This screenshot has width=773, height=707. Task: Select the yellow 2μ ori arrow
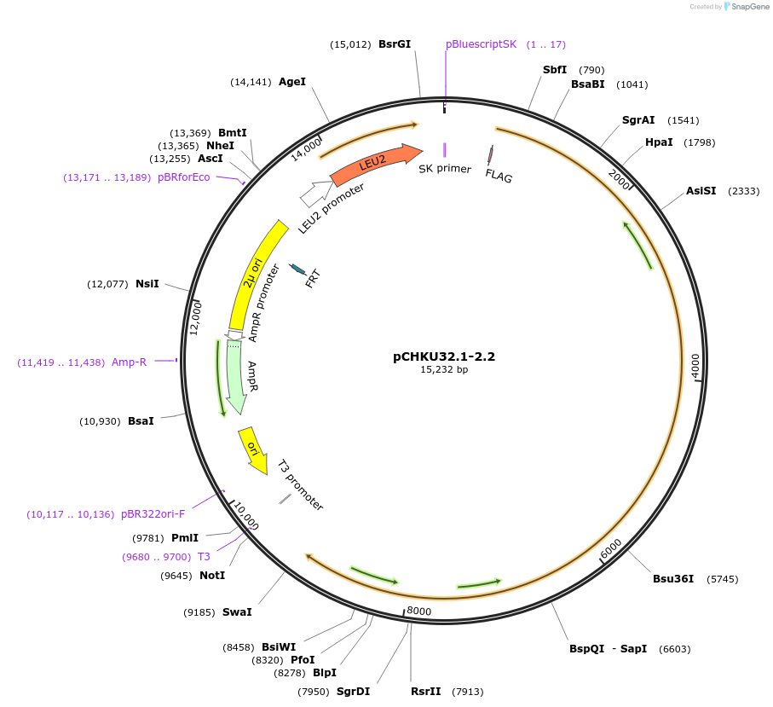coord(253,273)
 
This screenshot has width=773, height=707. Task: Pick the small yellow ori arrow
coord(252,445)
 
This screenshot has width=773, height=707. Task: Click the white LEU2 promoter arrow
coord(314,194)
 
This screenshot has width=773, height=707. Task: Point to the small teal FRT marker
coord(298,269)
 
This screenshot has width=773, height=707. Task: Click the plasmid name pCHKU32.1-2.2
coord(444,356)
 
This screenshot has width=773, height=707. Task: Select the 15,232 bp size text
coord(444,370)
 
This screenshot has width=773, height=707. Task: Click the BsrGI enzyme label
coord(395,44)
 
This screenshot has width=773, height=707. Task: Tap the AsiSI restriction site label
coord(701,191)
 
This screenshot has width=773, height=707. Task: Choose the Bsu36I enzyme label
coord(673,579)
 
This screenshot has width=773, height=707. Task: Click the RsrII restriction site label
coord(425,691)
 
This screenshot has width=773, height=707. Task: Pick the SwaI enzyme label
coord(237,612)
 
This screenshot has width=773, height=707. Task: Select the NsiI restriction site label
coord(147,284)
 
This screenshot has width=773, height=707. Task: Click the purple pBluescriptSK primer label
coord(481,44)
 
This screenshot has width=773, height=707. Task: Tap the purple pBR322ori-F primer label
coord(153,514)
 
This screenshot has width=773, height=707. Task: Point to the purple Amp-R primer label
coord(129,362)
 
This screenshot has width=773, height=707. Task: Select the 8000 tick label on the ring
coord(419,611)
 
